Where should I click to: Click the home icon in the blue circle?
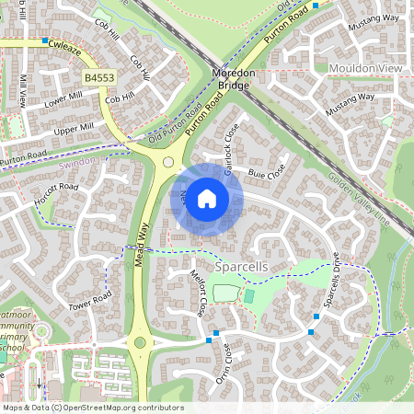pyautogui.click(x=207, y=199)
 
